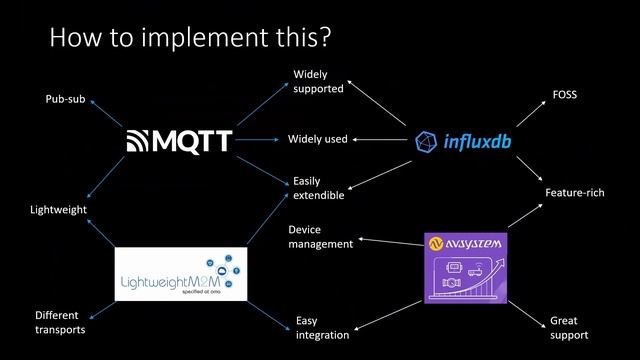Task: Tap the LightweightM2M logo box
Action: click(x=180, y=274)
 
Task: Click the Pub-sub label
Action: click(x=65, y=99)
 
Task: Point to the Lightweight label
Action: click(x=58, y=209)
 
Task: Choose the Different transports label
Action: click(x=60, y=322)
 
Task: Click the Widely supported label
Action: click(x=318, y=81)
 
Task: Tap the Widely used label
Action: click(x=318, y=139)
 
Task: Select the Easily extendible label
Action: click(x=318, y=188)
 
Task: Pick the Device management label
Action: click(x=320, y=236)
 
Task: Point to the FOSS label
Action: click(x=565, y=94)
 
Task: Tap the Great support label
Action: click(x=569, y=327)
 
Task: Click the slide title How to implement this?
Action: click(x=190, y=37)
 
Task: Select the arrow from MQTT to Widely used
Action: click(x=258, y=140)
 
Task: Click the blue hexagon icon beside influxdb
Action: click(x=426, y=141)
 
